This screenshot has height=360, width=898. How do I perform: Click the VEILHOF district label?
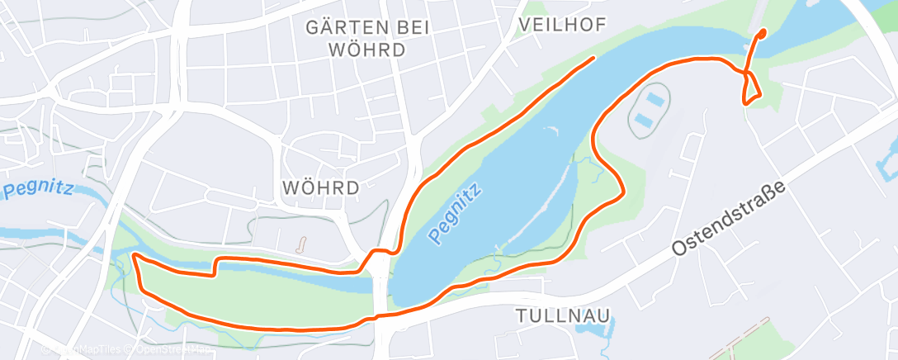pos(561,26)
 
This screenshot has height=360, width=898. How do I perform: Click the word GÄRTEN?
pos(345,27)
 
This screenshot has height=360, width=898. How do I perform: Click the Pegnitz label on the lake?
pos(455,214)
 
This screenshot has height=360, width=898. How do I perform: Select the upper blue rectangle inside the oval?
pos(655,99)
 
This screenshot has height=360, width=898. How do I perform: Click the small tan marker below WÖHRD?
pos(301,245)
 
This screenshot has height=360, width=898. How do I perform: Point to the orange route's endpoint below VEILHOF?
pos(593,58)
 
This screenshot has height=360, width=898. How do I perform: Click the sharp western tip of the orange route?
pos(134,257)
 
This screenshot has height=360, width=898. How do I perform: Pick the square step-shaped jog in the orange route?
pos(216,265)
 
